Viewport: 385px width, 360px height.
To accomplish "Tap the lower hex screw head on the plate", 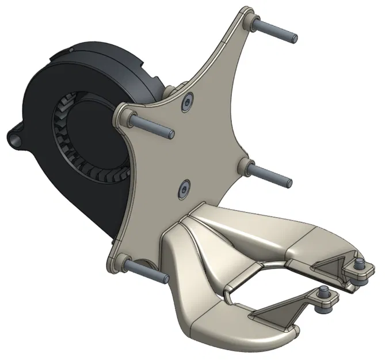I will (185, 187).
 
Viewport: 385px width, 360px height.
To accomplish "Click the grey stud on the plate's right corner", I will (270, 174).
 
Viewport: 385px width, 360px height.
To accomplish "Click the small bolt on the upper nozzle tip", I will (360, 264).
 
